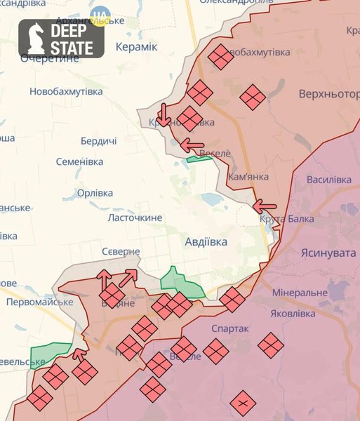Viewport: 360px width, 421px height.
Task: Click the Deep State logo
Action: pos(61,39)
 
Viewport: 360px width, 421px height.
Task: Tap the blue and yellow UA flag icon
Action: pos(102,14)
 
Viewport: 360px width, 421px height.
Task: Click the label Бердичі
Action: pos(98,141)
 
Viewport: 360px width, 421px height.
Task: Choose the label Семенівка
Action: pos(79,161)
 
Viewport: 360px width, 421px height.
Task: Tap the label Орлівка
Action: pos(95,193)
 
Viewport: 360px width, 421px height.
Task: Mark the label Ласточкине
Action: pos(134,218)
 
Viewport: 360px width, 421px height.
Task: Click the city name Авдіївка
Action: pos(206,241)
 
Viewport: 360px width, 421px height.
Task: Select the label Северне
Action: pos(119,251)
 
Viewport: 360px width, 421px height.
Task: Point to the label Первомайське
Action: pos(39,302)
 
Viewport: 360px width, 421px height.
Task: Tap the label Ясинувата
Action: pos(328,253)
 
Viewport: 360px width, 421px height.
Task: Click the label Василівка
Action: pos(329,180)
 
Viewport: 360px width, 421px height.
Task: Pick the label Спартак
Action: pos(229,328)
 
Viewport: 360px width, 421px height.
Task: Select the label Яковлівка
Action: pos(304,314)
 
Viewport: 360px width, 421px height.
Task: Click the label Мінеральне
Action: pos(300,292)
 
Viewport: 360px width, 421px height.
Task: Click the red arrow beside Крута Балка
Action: pos(265,206)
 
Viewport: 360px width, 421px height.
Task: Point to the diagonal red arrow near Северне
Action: pos(128,277)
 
